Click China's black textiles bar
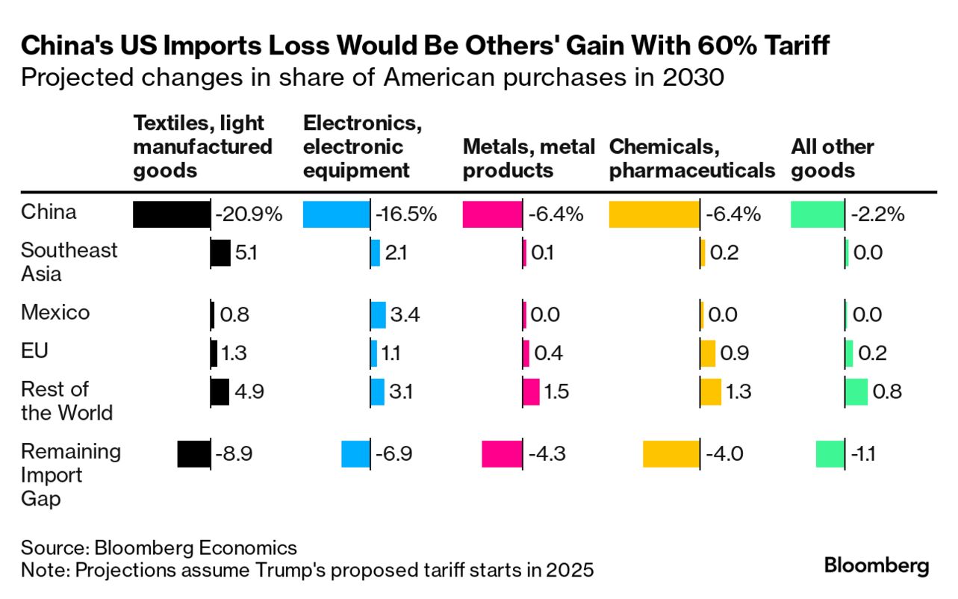pyautogui.click(x=172, y=214)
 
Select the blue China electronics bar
pyautogui.click(x=336, y=214)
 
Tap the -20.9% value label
pyautogui.click(x=249, y=214)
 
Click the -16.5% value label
pyautogui.click(x=406, y=214)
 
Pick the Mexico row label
pyautogui.click(x=55, y=312)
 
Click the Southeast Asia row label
pyautogui.click(x=69, y=261)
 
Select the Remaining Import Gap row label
pyautogui.click(x=70, y=475)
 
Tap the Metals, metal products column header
pyautogui.click(x=529, y=158)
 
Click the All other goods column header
pyautogui.click(x=833, y=158)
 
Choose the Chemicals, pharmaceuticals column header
pyautogui.click(x=691, y=158)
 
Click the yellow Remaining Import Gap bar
pyautogui.click(x=671, y=454)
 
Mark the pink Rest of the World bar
pyautogui.click(x=531, y=391)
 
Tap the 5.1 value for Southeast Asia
pyautogui.click(x=246, y=253)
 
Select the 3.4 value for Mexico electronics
pyautogui.click(x=405, y=314)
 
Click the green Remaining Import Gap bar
pyautogui.click(x=830, y=454)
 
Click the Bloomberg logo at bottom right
pyautogui.click(x=877, y=565)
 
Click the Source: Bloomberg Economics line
pyautogui.click(x=158, y=547)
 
